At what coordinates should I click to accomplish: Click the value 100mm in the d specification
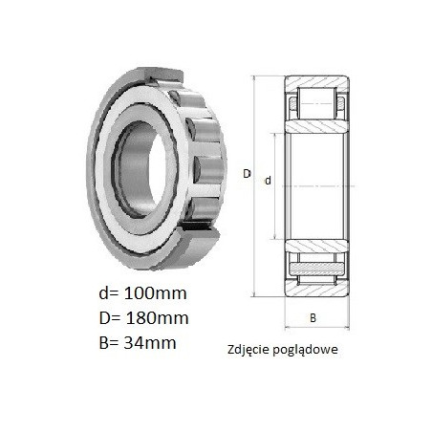pyautogui.click(x=155, y=293)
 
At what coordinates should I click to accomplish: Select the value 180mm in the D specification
pyautogui.click(x=157, y=318)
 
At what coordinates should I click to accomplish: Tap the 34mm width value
pyautogui.click(x=150, y=343)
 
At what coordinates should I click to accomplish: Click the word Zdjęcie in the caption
pyautogui.click(x=249, y=350)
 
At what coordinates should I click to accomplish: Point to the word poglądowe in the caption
pyautogui.click(x=306, y=350)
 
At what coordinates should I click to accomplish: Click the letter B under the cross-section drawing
pyautogui.click(x=313, y=318)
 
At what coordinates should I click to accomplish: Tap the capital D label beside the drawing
pyautogui.click(x=247, y=174)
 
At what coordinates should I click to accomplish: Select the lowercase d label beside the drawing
pyautogui.click(x=268, y=181)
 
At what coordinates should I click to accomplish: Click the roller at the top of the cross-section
pyautogui.click(x=317, y=103)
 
